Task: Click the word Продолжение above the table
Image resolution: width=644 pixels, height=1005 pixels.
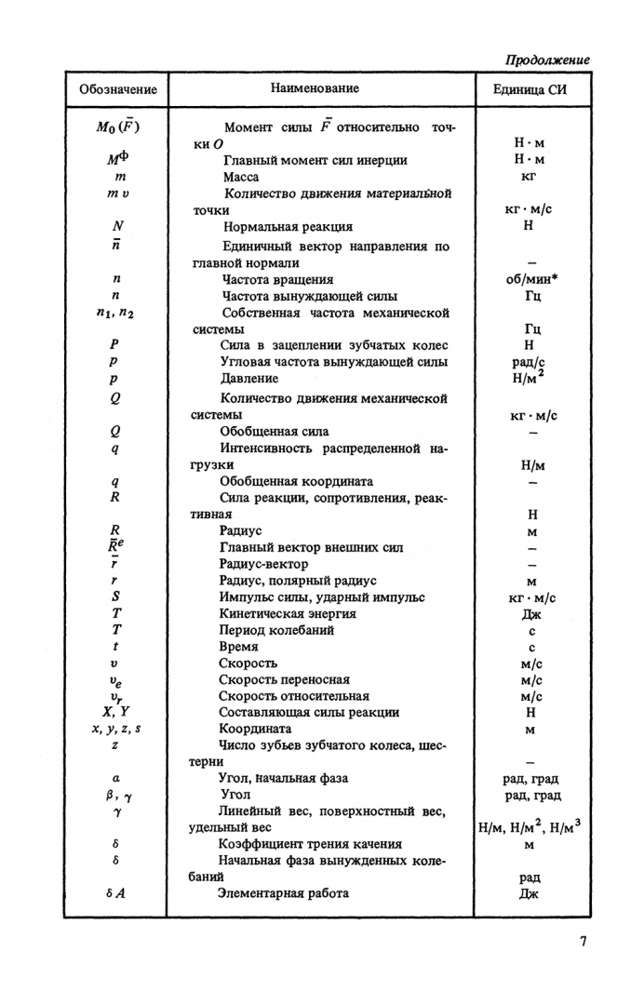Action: [x=547, y=60]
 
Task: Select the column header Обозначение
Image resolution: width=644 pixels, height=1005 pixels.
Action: [x=118, y=90]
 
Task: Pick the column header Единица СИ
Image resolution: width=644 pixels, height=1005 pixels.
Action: [x=530, y=90]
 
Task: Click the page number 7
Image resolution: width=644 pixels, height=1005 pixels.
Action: [x=584, y=941]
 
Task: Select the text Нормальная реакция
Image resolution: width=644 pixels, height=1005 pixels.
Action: [x=288, y=227]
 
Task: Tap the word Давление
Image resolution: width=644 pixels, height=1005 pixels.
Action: [x=248, y=379]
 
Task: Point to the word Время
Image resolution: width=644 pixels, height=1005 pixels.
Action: [x=238, y=647]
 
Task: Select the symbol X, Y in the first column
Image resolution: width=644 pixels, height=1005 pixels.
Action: [x=116, y=713]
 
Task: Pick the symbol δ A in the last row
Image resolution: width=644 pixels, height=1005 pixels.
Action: [x=116, y=893]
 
